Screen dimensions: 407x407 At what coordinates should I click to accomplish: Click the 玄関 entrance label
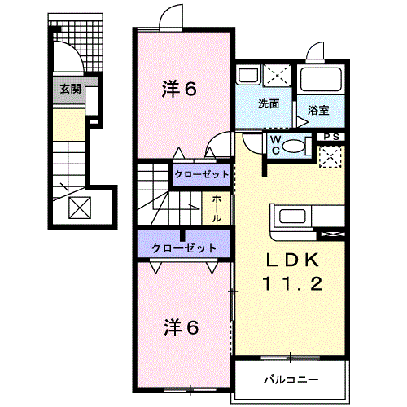[68, 88]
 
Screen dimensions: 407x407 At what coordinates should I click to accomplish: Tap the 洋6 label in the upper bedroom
[180, 90]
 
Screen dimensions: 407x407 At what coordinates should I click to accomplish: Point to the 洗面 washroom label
[269, 103]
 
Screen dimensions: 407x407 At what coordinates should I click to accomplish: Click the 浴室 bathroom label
[318, 108]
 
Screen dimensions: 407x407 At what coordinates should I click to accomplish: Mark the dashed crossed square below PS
[330, 155]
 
